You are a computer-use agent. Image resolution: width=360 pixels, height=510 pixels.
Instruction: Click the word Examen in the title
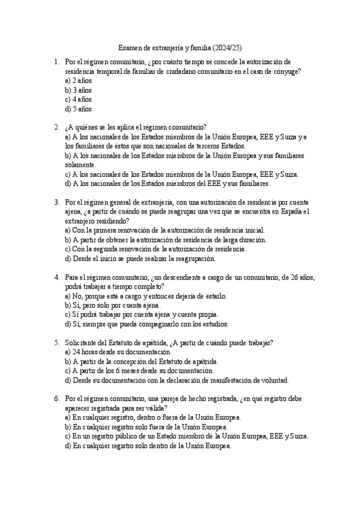pyautogui.click(x=130, y=48)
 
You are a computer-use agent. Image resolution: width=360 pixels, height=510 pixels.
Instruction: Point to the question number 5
pyautogui.click(x=56, y=343)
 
